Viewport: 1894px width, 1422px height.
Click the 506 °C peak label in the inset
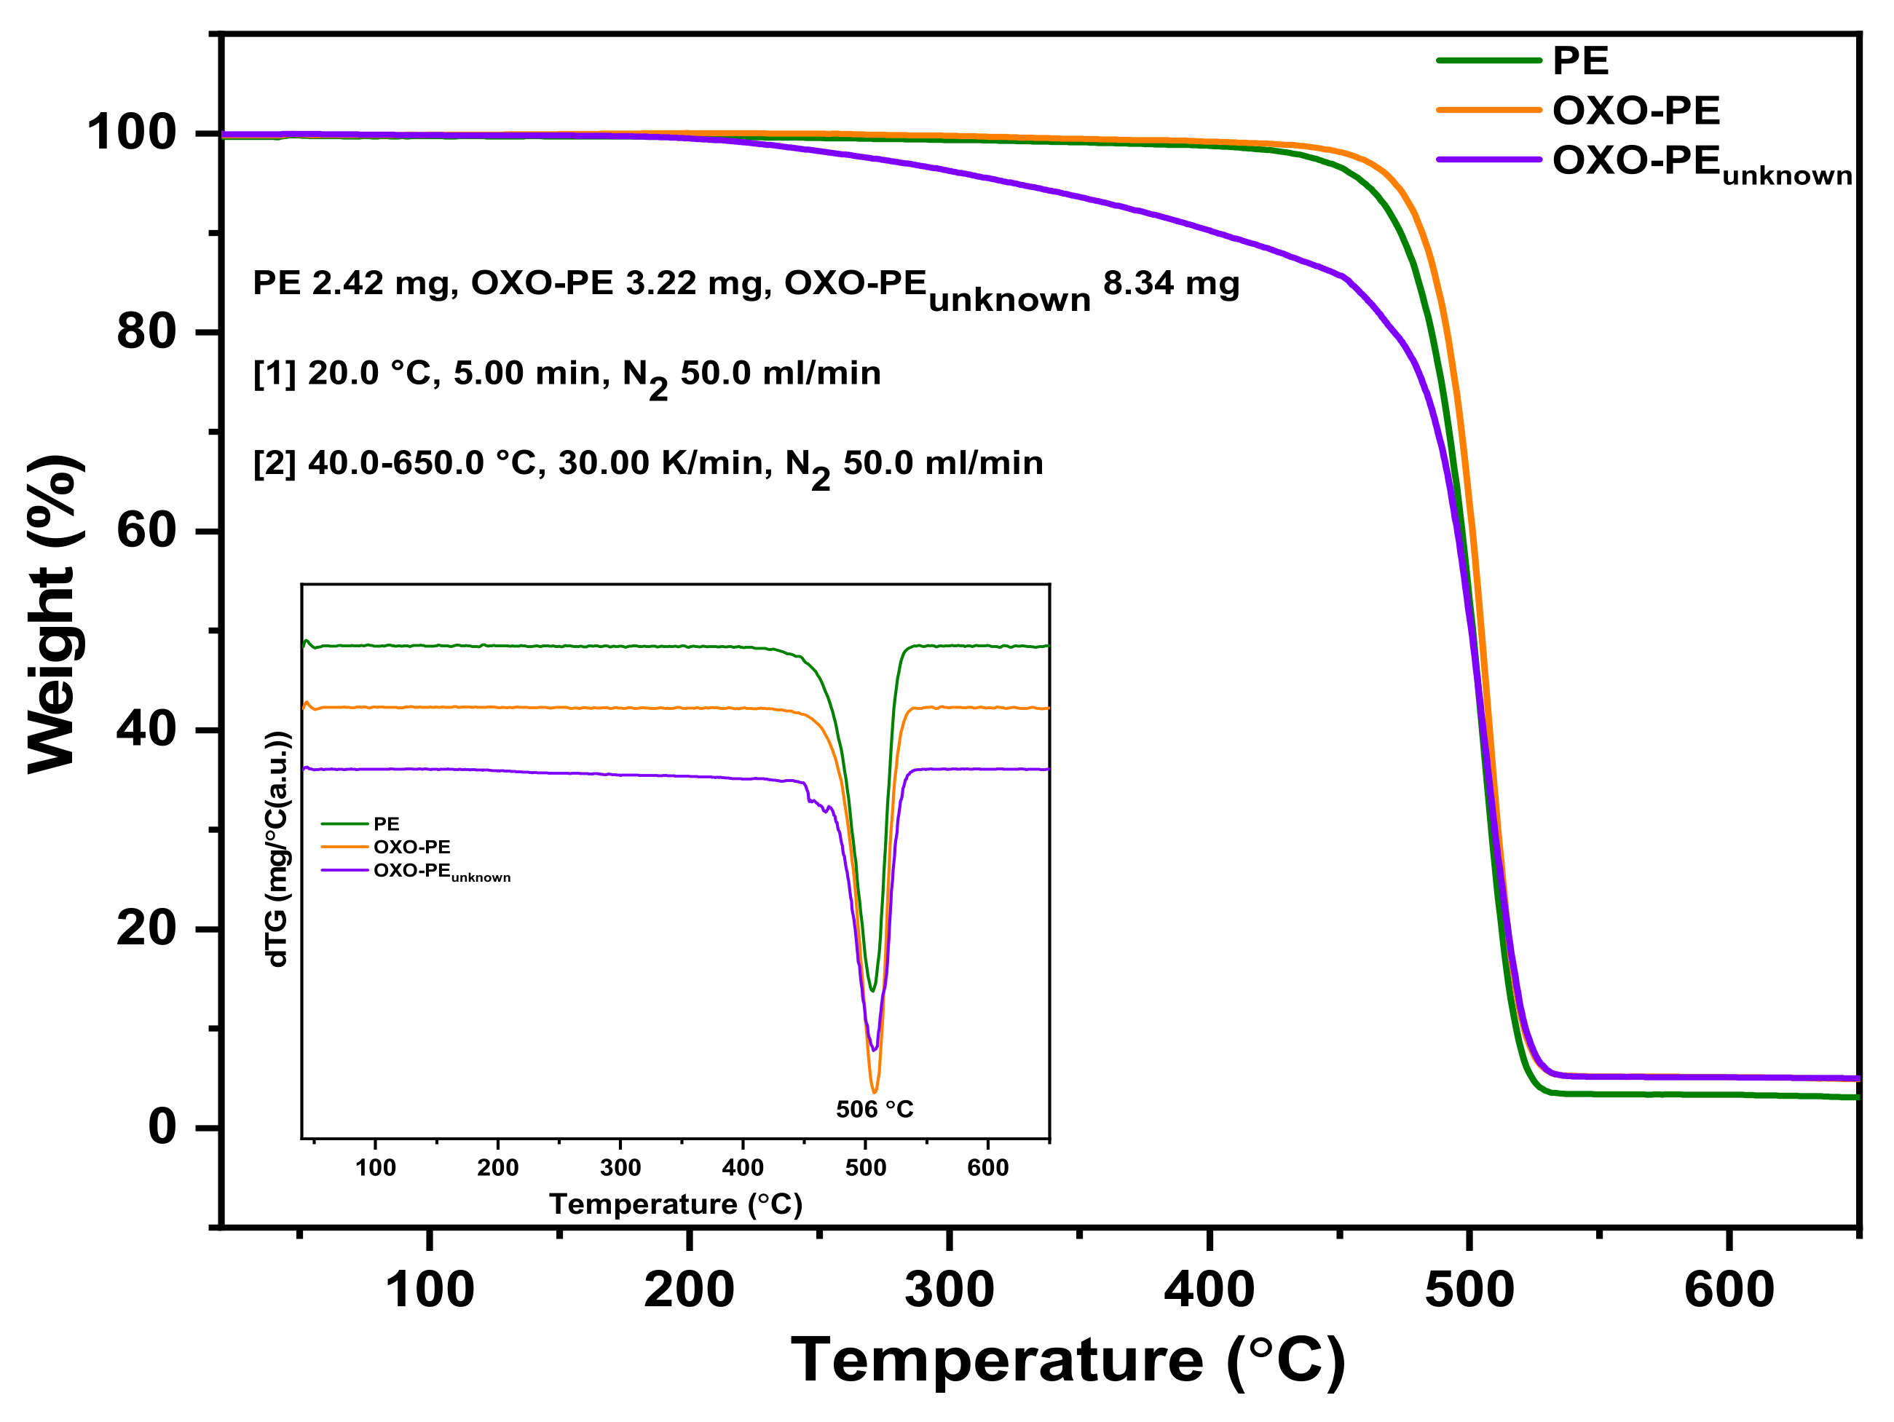point(875,1110)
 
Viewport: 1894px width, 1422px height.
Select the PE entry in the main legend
point(1579,60)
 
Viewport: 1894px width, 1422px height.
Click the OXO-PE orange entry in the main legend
point(1635,111)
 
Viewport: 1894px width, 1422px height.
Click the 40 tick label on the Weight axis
point(146,730)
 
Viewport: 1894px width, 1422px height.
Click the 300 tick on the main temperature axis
point(949,1290)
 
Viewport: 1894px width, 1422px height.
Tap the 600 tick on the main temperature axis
point(1728,1290)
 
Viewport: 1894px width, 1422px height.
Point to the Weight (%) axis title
point(55,614)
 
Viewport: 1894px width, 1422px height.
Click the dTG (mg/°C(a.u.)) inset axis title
point(278,849)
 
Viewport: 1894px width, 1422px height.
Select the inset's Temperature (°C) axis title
point(675,1204)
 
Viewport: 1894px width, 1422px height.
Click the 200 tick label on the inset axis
point(497,1168)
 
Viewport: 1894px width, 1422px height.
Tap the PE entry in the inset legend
point(385,823)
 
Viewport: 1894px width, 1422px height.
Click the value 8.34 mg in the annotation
point(1170,283)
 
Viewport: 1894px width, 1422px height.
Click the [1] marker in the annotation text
point(273,374)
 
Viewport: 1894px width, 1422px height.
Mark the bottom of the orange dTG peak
point(873,1091)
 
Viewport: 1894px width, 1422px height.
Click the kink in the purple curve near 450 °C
point(1343,277)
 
